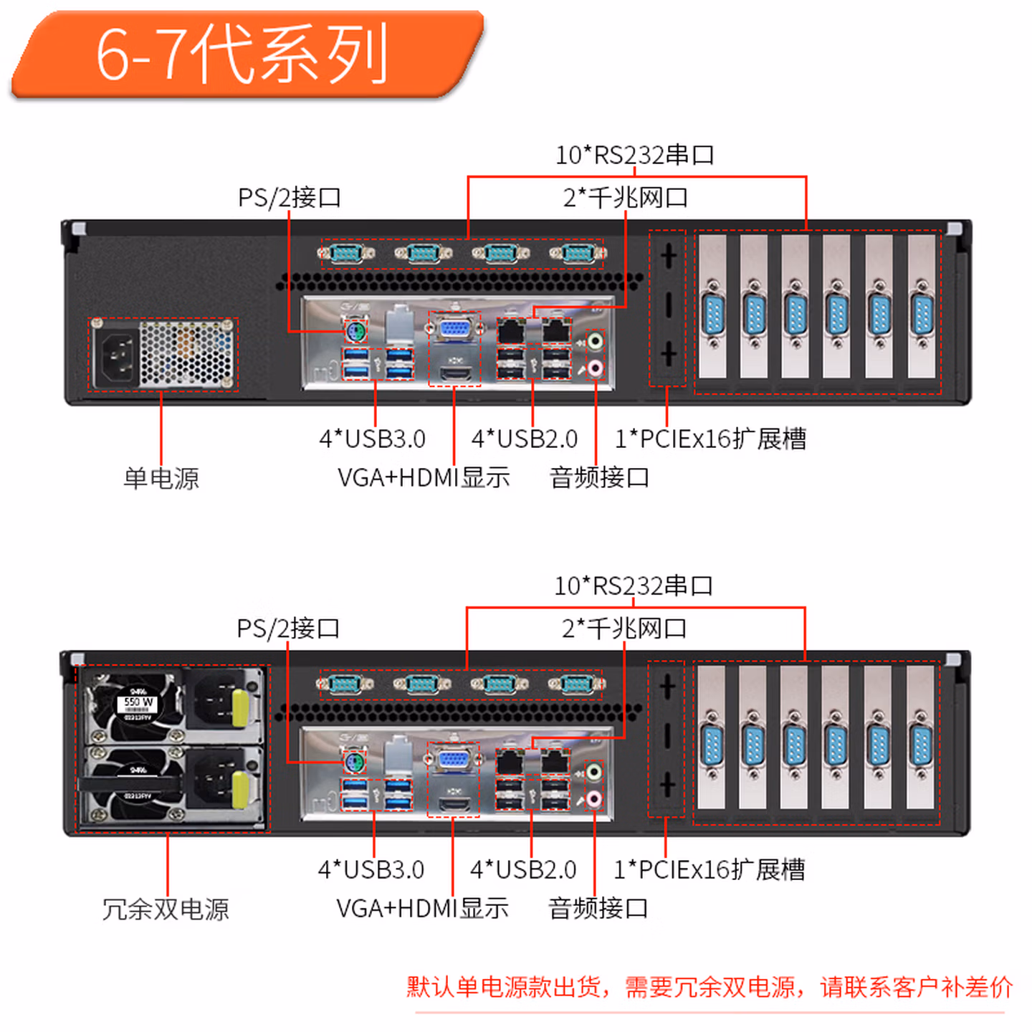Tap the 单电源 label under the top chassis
click(161, 478)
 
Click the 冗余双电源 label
click(166, 909)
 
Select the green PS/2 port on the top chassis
click(355, 333)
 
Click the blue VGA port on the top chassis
click(454, 330)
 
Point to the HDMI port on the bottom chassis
click(454, 803)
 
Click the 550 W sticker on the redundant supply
click(138, 702)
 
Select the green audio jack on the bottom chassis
click(594, 771)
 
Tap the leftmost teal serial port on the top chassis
click(346, 253)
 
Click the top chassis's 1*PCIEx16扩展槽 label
click(710, 439)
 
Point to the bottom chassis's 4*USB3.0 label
click(371, 869)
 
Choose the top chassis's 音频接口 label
click(599, 477)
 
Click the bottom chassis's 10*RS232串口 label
click(634, 586)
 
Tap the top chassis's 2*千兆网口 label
click(625, 197)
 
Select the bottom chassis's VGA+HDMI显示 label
click(422, 908)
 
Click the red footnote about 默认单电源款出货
click(709, 987)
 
